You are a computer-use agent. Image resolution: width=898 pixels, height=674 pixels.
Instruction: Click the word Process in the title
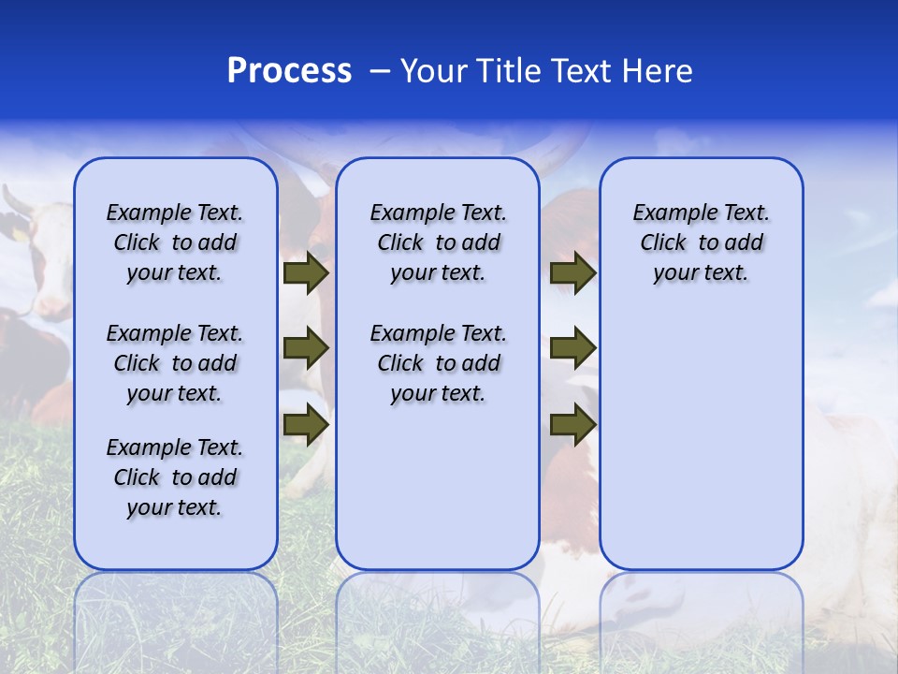(289, 71)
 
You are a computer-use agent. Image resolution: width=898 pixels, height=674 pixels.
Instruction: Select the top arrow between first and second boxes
(306, 273)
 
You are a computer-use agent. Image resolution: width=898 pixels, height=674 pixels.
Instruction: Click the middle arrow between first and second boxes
(306, 349)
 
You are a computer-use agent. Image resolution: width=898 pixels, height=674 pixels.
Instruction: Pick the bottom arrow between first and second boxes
(306, 424)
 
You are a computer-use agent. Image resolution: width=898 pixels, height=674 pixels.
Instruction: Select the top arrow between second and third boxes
(572, 273)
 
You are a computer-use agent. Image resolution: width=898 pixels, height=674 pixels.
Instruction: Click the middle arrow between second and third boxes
(572, 349)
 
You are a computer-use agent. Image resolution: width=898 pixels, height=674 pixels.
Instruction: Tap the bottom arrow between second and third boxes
(572, 424)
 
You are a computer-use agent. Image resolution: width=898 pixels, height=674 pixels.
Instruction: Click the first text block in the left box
(175, 242)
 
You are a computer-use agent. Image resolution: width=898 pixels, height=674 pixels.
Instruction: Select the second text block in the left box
(175, 363)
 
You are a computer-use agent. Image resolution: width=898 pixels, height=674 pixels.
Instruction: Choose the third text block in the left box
(175, 477)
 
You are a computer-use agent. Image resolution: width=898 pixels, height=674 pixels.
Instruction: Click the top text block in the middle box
(438, 242)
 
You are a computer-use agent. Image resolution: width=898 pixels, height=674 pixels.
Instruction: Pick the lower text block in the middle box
(438, 363)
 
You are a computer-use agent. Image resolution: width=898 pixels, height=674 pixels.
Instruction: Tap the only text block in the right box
(701, 242)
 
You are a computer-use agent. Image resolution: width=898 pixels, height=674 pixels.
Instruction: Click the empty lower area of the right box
(701, 440)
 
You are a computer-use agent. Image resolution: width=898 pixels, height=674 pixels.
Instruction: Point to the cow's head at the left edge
(33, 234)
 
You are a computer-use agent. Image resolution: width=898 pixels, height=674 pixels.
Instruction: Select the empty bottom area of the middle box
(438, 496)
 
